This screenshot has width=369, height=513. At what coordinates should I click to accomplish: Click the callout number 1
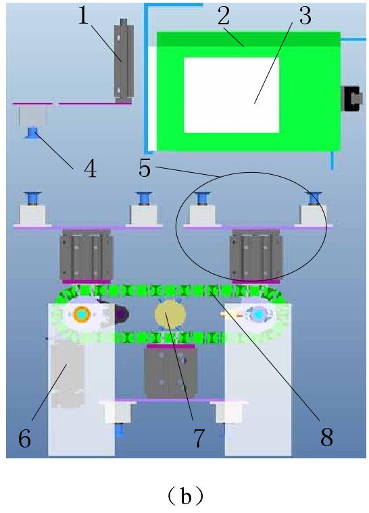pyautogui.click(x=83, y=16)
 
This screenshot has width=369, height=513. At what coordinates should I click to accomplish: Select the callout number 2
pyautogui.click(x=224, y=16)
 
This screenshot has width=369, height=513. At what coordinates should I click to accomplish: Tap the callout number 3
pyautogui.click(x=305, y=16)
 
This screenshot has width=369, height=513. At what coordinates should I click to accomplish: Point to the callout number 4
pyautogui.click(x=90, y=169)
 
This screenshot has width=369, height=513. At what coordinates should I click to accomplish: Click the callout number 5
pyautogui.click(x=145, y=169)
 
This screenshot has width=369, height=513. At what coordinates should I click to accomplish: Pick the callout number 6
pyautogui.click(x=24, y=438)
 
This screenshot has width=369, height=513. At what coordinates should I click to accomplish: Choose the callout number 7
pyautogui.click(x=199, y=438)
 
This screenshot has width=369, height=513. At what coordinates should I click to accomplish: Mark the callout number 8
pyautogui.click(x=326, y=437)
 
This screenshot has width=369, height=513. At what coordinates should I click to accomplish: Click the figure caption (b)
pyautogui.click(x=185, y=496)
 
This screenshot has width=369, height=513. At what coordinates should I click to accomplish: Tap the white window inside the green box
pyautogui.click(x=231, y=95)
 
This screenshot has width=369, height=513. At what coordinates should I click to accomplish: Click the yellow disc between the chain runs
pyautogui.click(x=170, y=315)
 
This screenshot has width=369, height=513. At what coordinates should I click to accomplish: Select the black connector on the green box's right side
pyautogui.click(x=351, y=99)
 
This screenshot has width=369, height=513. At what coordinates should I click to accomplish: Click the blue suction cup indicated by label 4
pyautogui.click(x=32, y=133)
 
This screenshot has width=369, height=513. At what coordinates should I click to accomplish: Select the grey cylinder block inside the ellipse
pyautogui.click(x=256, y=254)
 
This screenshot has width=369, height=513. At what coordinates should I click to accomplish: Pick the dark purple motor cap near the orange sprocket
pyautogui.click(x=122, y=315)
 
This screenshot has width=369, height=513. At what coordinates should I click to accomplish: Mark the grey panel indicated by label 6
pyautogui.click(x=68, y=374)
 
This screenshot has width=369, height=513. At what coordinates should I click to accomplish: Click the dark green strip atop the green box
pyautogui.click(x=249, y=39)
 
